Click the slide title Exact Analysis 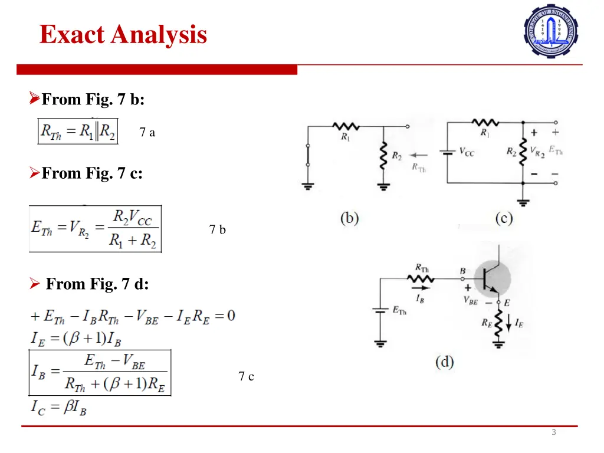click(x=123, y=34)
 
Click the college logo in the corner click(x=551, y=31)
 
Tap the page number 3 click(x=553, y=432)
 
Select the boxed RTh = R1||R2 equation click(x=78, y=131)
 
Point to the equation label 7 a click(x=147, y=133)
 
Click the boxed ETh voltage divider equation click(x=95, y=229)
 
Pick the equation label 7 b click(x=218, y=230)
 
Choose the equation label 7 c click(x=247, y=376)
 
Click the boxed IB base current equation click(x=100, y=373)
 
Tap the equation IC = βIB click(x=58, y=407)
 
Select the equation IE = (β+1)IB click(x=76, y=339)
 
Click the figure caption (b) click(x=349, y=218)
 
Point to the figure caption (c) click(x=504, y=218)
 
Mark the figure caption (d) click(x=445, y=361)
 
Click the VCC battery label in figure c click(x=467, y=153)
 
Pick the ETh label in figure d click(x=399, y=311)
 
